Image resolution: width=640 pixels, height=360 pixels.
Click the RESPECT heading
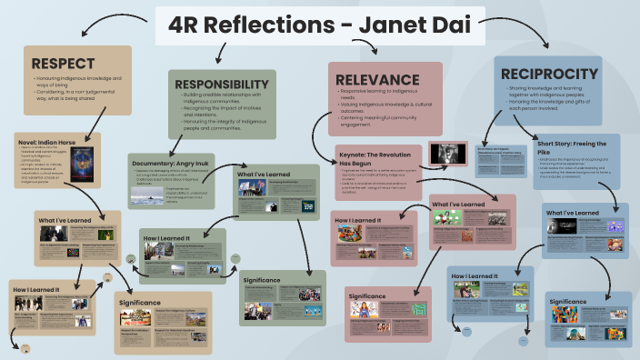[x=64, y=64]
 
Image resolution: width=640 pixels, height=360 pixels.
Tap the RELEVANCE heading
[x=377, y=79]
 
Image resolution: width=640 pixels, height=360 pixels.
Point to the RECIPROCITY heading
[x=548, y=74]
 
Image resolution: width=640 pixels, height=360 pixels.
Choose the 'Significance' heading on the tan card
[x=140, y=302]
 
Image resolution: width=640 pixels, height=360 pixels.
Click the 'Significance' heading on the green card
[x=262, y=281]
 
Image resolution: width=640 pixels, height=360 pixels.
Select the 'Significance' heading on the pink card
[x=367, y=296]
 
